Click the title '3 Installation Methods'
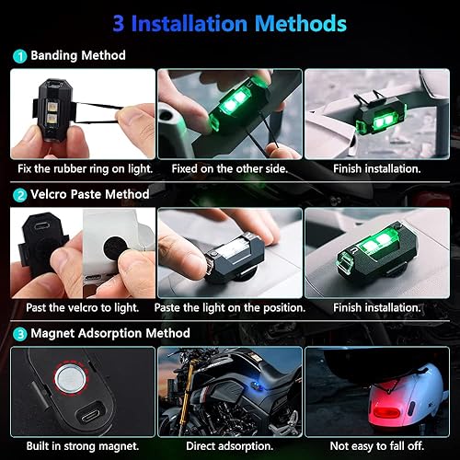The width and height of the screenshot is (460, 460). click(x=230, y=21)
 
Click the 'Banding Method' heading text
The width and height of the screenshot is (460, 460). click(x=76, y=56)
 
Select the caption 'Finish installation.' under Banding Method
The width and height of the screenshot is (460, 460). click(x=375, y=170)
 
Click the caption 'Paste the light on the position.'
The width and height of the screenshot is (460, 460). click(x=228, y=307)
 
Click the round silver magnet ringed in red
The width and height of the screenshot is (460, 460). click(x=72, y=376)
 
